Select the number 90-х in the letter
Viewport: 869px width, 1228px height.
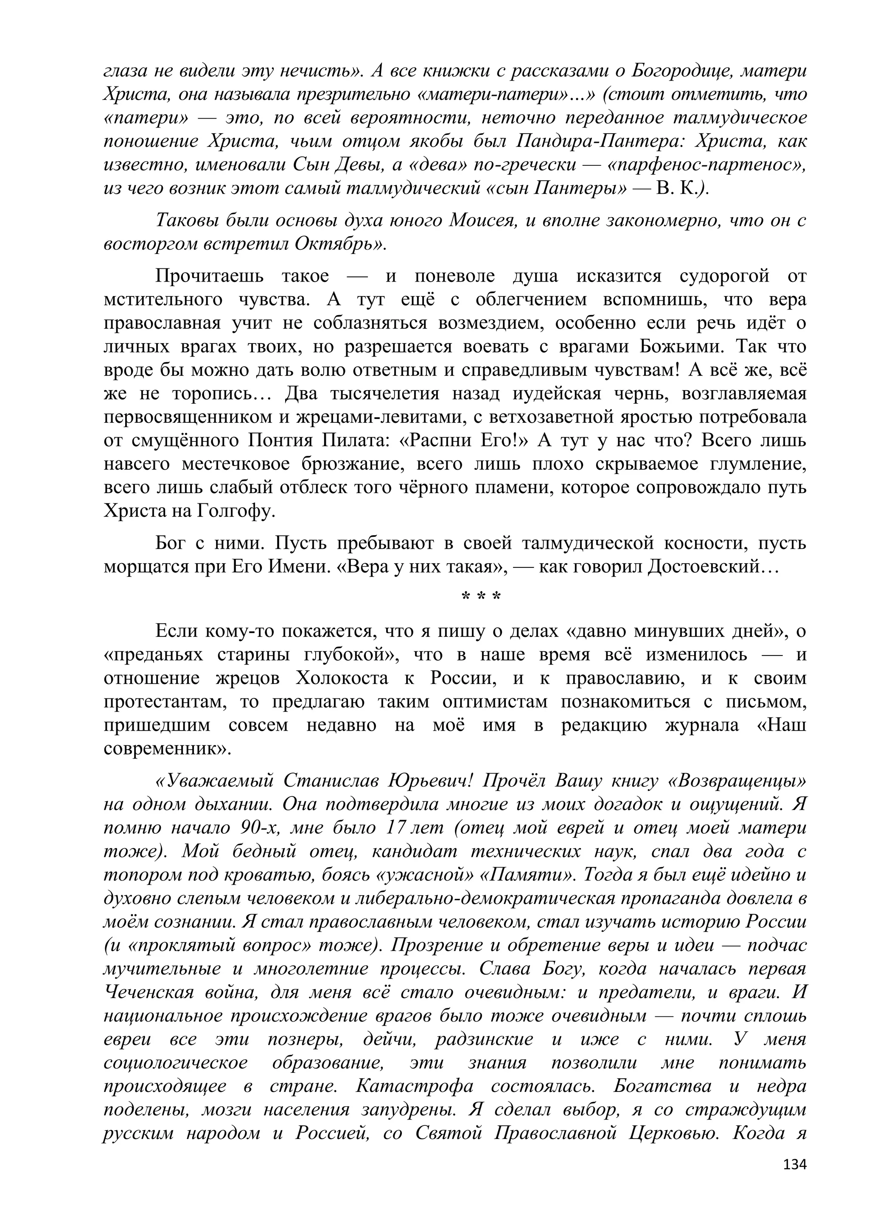tap(260, 828)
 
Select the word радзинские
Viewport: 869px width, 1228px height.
tap(484, 1040)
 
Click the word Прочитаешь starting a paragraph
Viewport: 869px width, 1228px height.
tap(208, 276)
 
